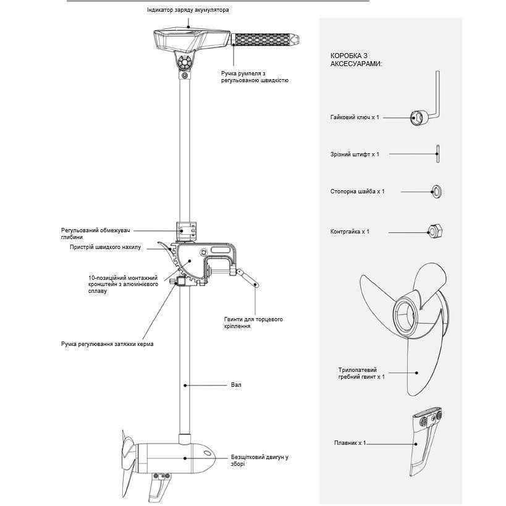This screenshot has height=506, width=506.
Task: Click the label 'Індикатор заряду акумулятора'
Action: [x=188, y=11]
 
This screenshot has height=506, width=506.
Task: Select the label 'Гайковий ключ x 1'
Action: [x=355, y=117]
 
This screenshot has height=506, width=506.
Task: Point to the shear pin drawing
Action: [x=437, y=154]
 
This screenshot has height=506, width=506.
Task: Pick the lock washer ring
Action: [x=437, y=191]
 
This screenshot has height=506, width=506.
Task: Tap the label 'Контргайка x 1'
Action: [x=350, y=232]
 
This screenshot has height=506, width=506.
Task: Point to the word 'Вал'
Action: [x=236, y=385]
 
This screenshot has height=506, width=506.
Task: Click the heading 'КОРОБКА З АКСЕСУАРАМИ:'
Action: [x=356, y=59]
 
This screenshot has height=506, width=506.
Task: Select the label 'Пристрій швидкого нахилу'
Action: [x=105, y=247]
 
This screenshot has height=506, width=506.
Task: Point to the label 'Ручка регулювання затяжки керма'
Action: [x=108, y=344]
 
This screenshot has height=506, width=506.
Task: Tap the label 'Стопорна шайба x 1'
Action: [x=357, y=192]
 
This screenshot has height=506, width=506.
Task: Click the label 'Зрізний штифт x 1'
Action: [x=355, y=154]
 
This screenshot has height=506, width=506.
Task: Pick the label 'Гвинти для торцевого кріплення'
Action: [x=253, y=323]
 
